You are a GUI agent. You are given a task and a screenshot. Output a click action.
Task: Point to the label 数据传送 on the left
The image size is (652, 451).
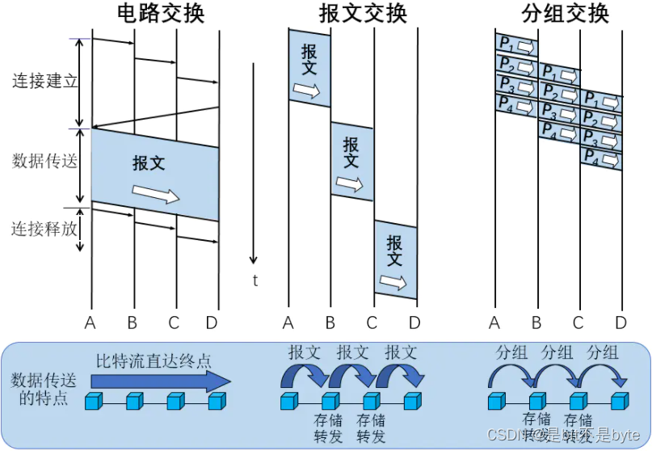point(44,162)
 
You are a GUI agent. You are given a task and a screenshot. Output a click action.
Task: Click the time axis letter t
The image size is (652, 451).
point(255,281)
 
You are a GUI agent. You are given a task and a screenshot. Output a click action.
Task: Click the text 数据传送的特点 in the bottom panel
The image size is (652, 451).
point(40,389)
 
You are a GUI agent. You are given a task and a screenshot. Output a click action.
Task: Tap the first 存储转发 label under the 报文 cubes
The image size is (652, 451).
point(329,428)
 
